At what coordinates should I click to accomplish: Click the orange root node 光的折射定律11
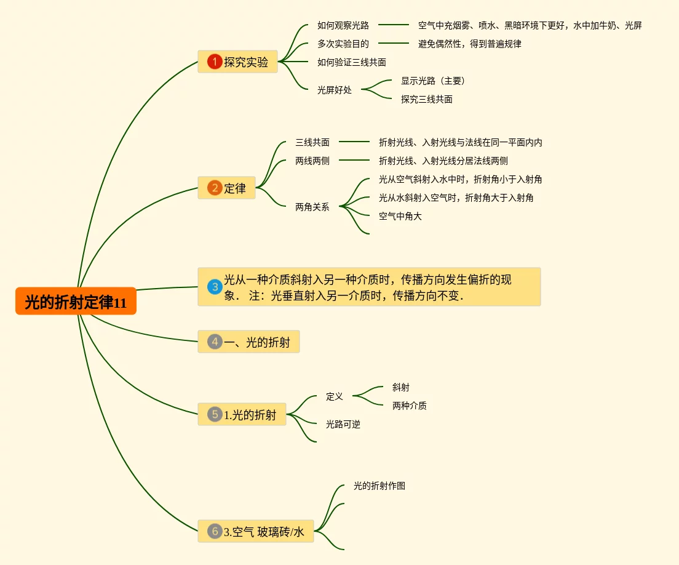click(x=76, y=302)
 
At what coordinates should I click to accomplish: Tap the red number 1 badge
click(x=215, y=62)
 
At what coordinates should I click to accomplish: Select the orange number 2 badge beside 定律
click(x=215, y=188)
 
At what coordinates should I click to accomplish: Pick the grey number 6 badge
click(x=215, y=531)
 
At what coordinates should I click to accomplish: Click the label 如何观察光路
click(x=343, y=25)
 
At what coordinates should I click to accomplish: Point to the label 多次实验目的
click(x=343, y=44)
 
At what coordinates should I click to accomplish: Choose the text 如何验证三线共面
click(x=352, y=62)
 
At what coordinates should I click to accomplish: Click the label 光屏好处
click(x=335, y=90)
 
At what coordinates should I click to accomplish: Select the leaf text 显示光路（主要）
click(x=434, y=81)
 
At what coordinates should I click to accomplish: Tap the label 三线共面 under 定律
click(x=312, y=142)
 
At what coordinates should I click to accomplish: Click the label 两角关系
click(x=312, y=207)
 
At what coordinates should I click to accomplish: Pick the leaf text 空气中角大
click(x=400, y=216)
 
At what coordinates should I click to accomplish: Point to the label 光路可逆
click(x=343, y=424)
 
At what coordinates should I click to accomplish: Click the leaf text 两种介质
click(x=410, y=406)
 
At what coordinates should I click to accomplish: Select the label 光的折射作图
click(x=379, y=486)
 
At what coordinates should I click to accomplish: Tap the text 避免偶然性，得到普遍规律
click(x=470, y=44)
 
